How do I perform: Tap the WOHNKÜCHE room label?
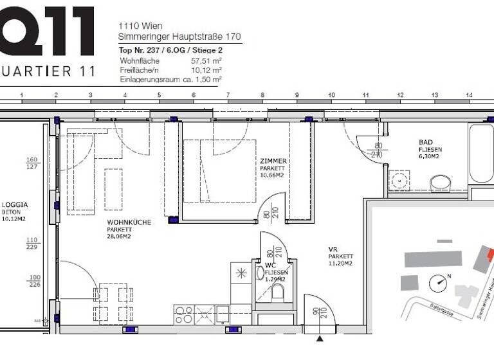click(129, 222)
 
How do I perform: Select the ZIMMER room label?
click(273, 161)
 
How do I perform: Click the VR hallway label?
click(333, 249)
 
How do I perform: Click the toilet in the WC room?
click(278, 292)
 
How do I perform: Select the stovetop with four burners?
click(184, 314)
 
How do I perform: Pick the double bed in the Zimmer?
click(219, 171)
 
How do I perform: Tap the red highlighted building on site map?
click(490, 256)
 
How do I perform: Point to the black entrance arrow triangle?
click(320, 338)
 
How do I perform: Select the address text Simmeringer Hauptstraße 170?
click(179, 37)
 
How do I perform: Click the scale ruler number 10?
click(331, 95)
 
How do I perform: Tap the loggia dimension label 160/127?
click(32, 163)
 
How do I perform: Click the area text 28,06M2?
click(118, 237)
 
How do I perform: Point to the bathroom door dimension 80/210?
click(378, 150)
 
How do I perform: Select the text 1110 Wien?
click(140, 26)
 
